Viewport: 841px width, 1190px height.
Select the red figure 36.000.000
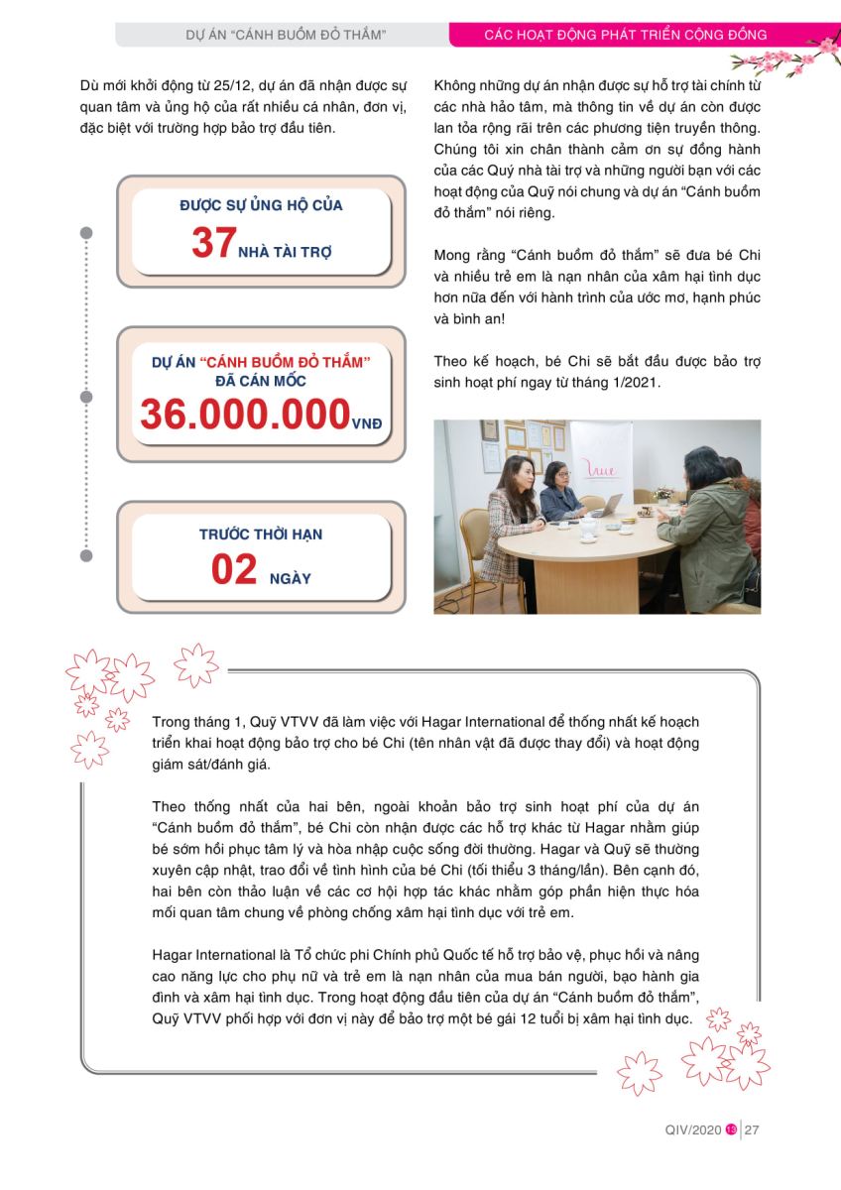pos(244,415)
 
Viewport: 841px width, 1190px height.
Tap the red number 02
pos(234,570)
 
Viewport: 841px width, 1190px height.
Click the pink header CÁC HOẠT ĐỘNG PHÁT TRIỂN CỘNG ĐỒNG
pos(625,35)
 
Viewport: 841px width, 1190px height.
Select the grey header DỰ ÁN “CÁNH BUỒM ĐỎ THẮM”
pos(286,35)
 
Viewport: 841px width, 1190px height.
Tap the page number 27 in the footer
pos(752,1129)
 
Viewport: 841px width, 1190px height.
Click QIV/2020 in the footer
pos(693,1129)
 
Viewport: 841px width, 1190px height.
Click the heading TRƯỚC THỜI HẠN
pos(261,534)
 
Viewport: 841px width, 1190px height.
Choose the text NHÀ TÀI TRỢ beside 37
pos(286,251)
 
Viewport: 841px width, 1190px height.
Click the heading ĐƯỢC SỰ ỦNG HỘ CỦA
pos(261,205)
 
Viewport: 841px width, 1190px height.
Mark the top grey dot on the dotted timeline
pos(86,234)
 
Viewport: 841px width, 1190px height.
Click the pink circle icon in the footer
pos(731,1129)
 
